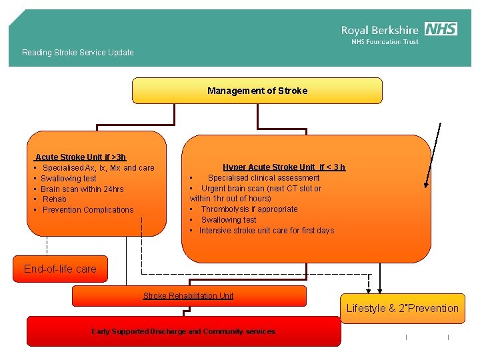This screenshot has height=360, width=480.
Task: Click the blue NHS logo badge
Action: [x=441, y=29]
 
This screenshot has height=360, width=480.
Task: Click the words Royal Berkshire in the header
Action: [x=380, y=30]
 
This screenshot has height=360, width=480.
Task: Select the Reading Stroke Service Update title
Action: [x=78, y=53]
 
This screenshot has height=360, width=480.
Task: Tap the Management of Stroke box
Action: [x=257, y=91]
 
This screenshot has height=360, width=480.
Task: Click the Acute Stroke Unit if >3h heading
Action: [x=81, y=157]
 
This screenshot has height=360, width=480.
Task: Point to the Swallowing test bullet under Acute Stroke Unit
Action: [x=68, y=179]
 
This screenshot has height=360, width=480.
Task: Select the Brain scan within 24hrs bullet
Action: [x=81, y=189]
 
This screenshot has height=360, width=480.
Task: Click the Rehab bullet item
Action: [x=54, y=199]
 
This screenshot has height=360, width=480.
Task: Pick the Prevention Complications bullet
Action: [x=87, y=210]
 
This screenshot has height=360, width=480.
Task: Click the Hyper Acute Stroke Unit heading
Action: [x=284, y=167]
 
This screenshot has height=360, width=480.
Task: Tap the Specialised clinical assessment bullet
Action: [x=263, y=178]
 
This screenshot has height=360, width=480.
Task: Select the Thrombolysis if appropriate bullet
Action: [x=249, y=209]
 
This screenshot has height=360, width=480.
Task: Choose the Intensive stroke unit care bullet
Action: [x=266, y=231]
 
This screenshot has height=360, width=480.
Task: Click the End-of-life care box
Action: [x=60, y=269]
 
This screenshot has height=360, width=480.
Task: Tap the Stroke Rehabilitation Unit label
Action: [x=189, y=295]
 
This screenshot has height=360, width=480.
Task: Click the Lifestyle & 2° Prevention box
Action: [x=402, y=308]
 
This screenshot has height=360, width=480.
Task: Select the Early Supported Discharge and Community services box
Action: [x=183, y=331]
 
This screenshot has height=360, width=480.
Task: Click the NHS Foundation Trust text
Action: [x=385, y=42]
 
